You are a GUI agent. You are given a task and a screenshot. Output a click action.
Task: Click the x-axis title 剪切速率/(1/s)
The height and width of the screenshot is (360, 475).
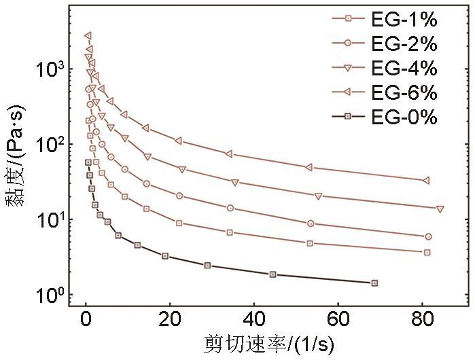click(x=269, y=345)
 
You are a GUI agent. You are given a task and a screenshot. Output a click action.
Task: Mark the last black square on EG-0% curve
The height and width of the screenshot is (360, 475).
click(x=374, y=283)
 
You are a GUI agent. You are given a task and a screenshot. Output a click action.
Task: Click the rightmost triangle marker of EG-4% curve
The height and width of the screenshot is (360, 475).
click(x=440, y=209)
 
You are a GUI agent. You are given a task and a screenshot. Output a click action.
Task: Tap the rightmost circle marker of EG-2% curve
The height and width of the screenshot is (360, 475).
click(x=428, y=236)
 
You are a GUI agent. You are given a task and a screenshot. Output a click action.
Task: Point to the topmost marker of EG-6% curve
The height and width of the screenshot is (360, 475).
click(x=88, y=35)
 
